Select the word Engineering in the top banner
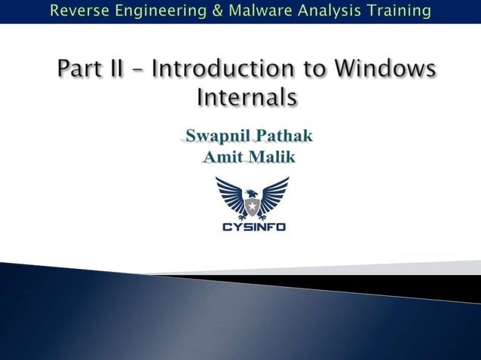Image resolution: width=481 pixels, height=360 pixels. point(154,11)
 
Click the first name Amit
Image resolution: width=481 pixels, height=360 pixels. point(222,157)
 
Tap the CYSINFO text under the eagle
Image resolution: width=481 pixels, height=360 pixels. point(253,226)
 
